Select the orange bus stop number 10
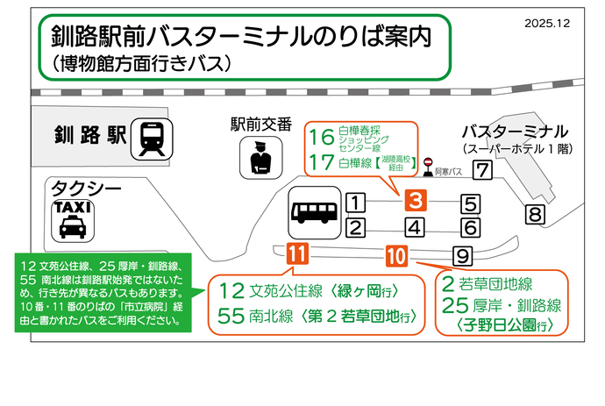click(x=395, y=256)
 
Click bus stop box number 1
click(x=355, y=203)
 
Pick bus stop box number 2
click(x=355, y=229)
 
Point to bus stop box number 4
click(x=416, y=229)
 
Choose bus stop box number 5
click(x=470, y=203)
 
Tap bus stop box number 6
click(x=470, y=228)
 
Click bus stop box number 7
click(x=481, y=171)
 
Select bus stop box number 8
click(x=535, y=213)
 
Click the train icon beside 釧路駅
click(x=153, y=139)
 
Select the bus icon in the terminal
click(x=311, y=211)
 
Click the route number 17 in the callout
click(x=322, y=161)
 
